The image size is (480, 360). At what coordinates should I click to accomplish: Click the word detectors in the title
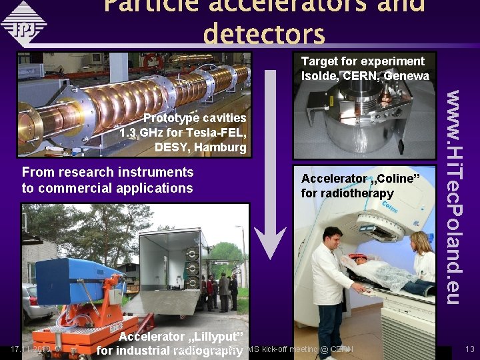(264, 34)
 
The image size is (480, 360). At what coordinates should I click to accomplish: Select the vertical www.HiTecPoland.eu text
(455, 197)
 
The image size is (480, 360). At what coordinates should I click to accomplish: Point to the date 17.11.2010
(31, 349)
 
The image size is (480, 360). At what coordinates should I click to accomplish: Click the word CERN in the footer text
(341, 349)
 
